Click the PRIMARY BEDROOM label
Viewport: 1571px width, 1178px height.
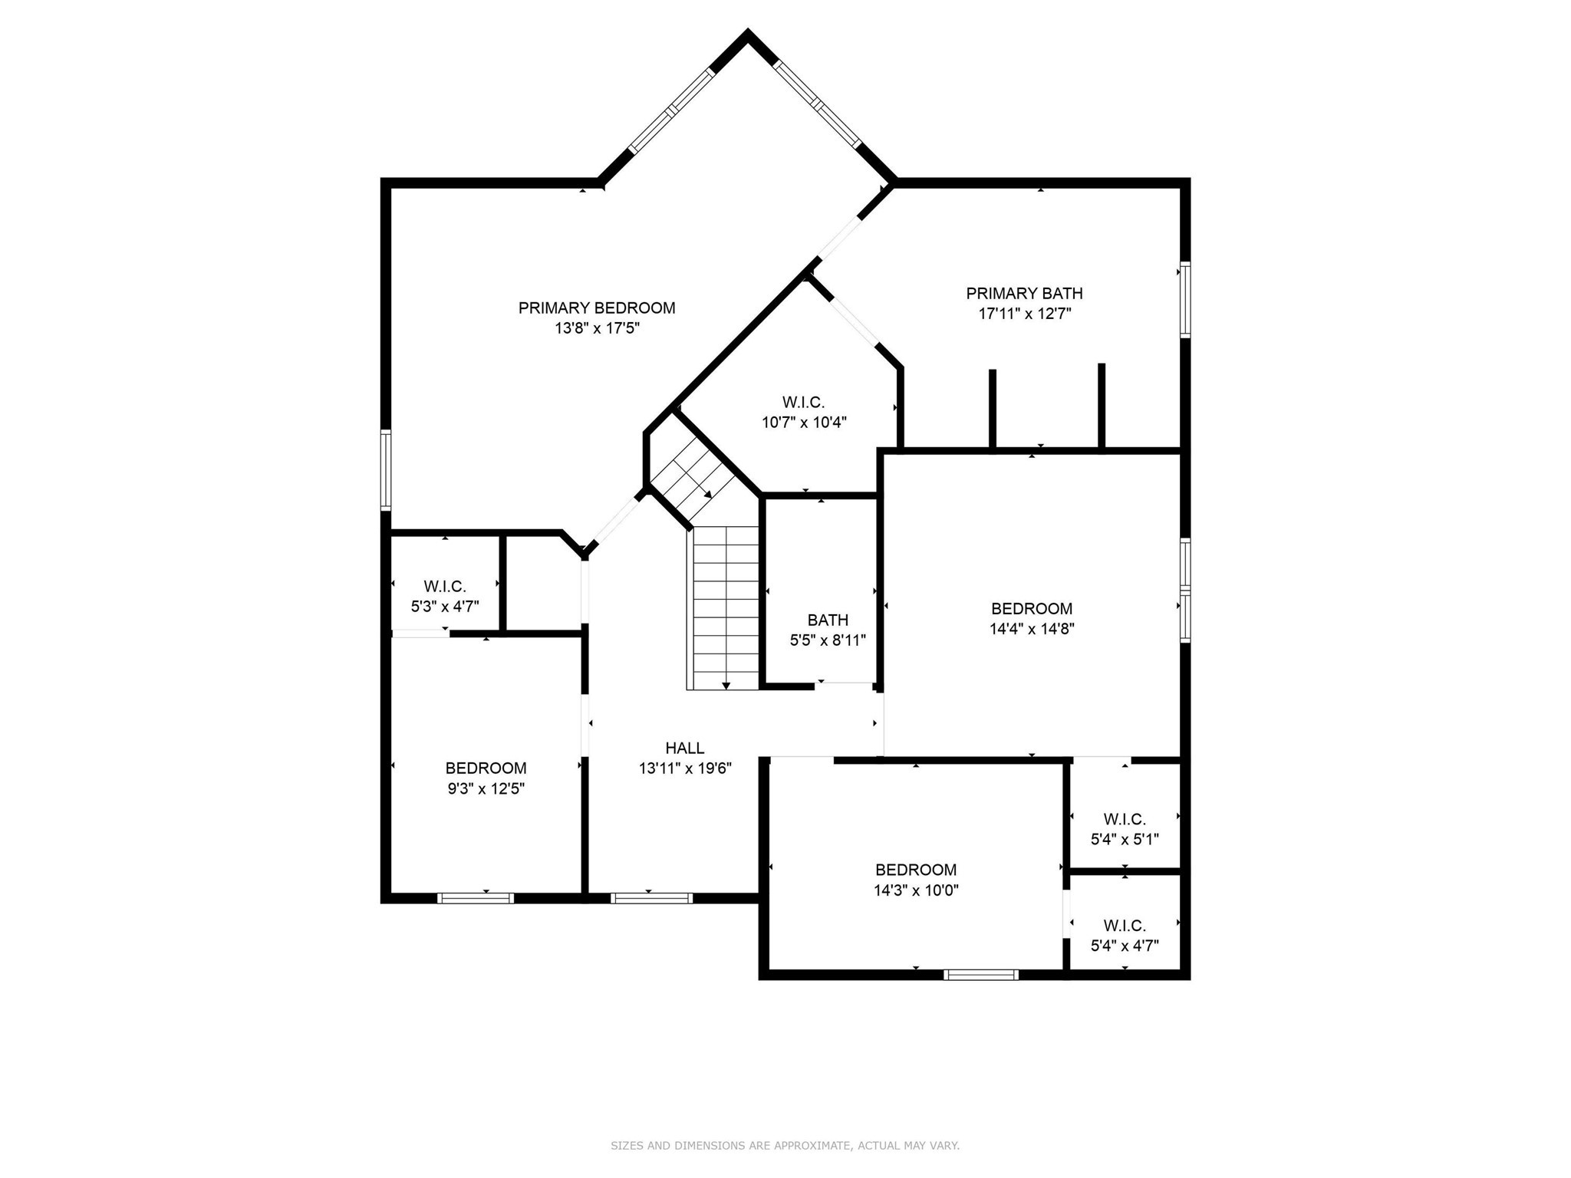[597, 308]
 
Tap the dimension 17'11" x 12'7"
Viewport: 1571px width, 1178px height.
[1024, 314]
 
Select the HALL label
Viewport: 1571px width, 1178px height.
[684, 748]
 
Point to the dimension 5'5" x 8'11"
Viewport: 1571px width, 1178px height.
[828, 640]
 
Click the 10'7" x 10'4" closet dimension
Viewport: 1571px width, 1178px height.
[804, 423]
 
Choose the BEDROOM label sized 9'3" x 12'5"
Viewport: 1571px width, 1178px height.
[486, 768]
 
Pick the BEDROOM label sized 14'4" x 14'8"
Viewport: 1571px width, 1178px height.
[1031, 609]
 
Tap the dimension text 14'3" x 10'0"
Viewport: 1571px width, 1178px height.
[916, 890]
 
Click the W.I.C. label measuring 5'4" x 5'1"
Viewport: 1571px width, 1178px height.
[1125, 819]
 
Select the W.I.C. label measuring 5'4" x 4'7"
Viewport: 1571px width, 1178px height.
[1125, 926]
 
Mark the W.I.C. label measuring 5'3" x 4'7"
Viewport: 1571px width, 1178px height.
[445, 587]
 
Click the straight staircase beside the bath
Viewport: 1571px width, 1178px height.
[726, 606]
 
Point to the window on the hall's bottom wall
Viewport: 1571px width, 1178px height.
[651, 898]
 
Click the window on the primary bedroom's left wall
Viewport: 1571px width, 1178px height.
[386, 470]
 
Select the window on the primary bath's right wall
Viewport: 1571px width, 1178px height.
[1185, 299]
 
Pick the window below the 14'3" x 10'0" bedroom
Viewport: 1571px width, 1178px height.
[981, 975]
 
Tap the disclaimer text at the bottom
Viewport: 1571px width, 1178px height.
[785, 1146]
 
